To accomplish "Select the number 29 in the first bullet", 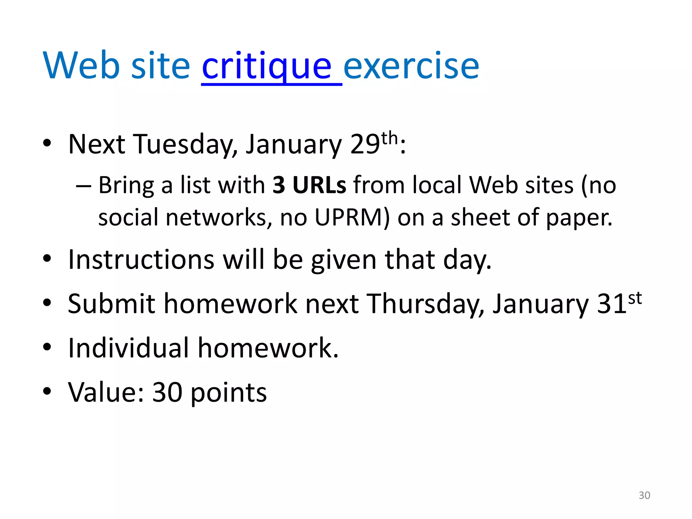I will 365,144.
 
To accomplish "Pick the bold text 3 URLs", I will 309,185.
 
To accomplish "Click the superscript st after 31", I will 635,298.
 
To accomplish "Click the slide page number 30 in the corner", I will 644,495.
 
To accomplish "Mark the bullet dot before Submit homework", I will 47,303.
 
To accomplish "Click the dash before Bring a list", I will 83,186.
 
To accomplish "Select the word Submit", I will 111,304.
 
